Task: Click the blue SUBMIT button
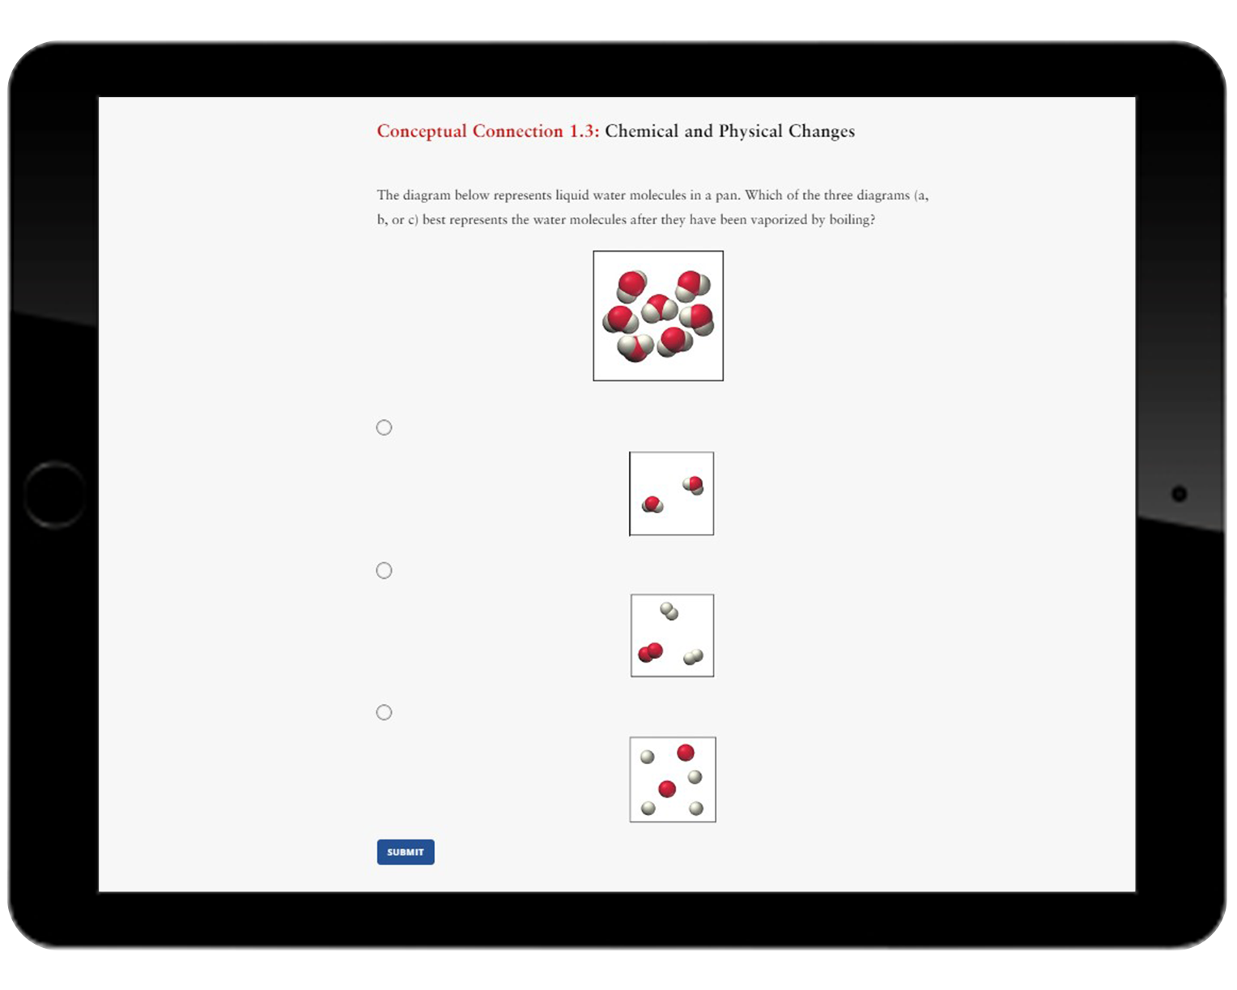pyautogui.click(x=405, y=852)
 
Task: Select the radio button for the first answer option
pyautogui.click(x=384, y=427)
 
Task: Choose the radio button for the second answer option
pyautogui.click(x=384, y=571)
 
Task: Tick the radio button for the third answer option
pyautogui.click(x=384, y=712)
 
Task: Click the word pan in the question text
pyautogui.click(x=726, y=195)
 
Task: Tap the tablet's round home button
pyautogui.click(x=54, y=495)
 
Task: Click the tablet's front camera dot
pyautogui.click(x=1179, y=494)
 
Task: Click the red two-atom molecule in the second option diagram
pyautogui.click(x=650, y=652)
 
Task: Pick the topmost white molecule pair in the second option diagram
pyautogui.click(x=669, y=611)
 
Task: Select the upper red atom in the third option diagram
pyautogui.click(x=686, y=753)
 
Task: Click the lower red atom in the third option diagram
pyautogui.click(x=667, y=788)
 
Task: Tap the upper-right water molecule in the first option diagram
pyautogui.click(x=693, y=485)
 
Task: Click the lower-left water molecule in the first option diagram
pyautogui.click(x=652, y=505)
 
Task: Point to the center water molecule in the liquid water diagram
pyautogui.click(x=659, y=308)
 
